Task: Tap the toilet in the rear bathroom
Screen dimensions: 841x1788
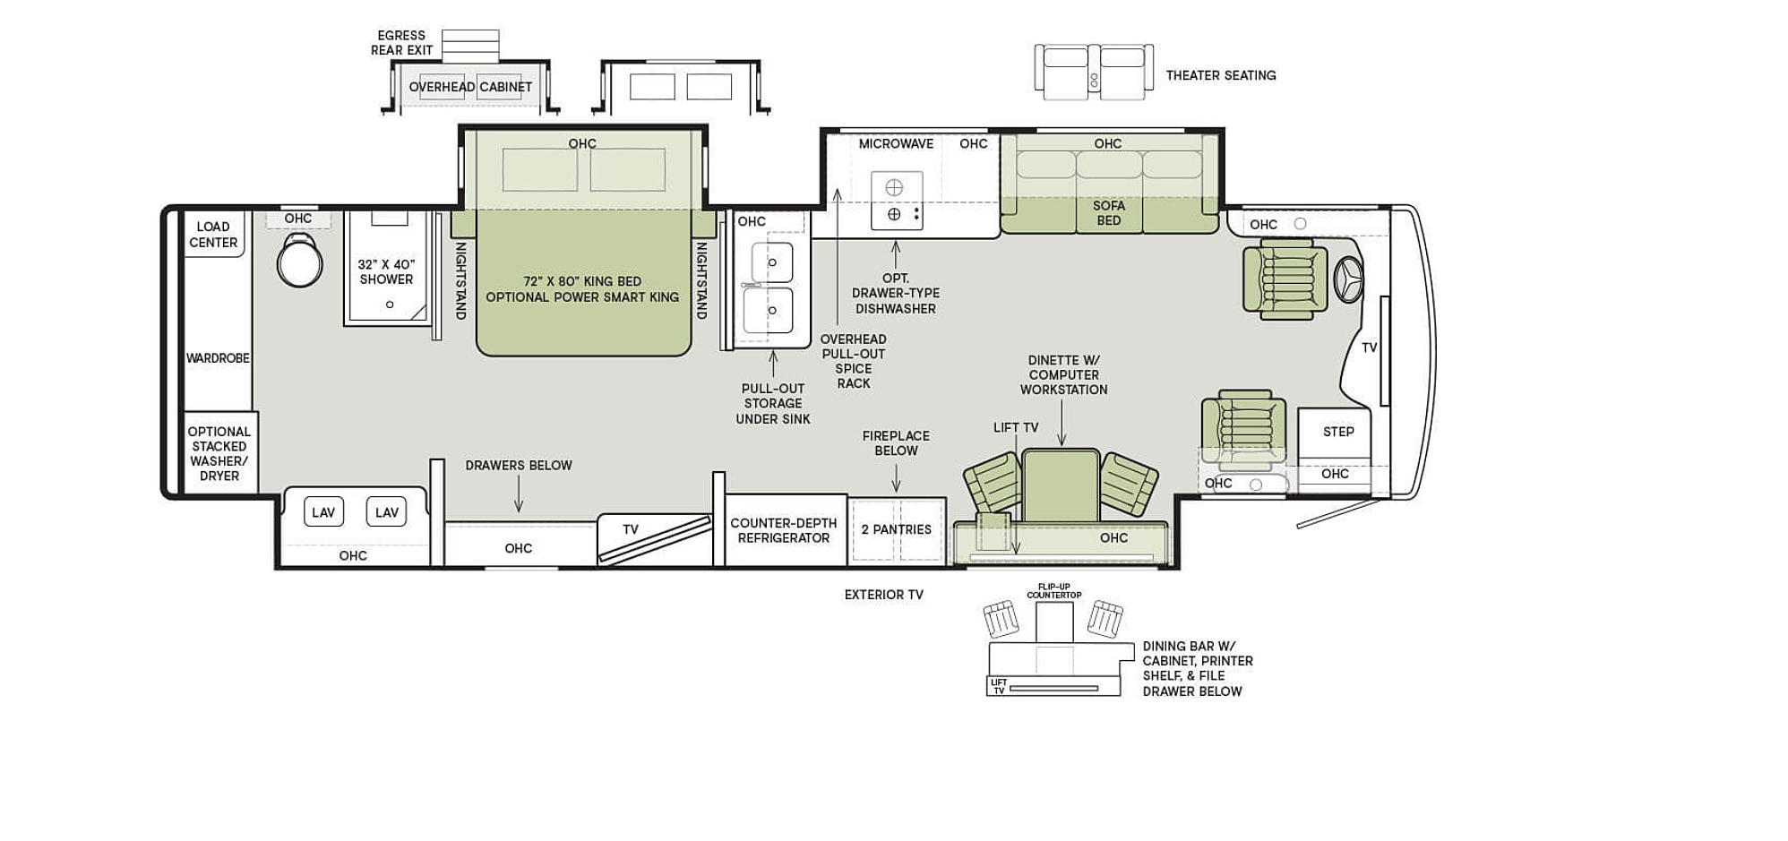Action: [x=299, y=261]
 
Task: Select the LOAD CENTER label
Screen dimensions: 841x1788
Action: [x=213, y=235]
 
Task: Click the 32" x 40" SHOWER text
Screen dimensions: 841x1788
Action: [x=386, y=272]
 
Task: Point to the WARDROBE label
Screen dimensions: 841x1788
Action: [x=218, y=358]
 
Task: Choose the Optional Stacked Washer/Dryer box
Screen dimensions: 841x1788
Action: [x=219, y=453]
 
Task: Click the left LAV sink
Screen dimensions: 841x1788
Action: [x=323, y=512]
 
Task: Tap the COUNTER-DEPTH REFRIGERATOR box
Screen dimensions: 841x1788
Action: [x=784, y=530]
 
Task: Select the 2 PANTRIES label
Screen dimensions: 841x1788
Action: [x=896, y=529]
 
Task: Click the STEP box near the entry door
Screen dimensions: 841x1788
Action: [x=1337, y=432]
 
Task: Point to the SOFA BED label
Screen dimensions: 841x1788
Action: [x=1108, y=213]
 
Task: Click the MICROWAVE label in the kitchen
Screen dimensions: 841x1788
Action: [x=896, y=143]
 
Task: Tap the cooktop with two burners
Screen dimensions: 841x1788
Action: [x=896, y=201]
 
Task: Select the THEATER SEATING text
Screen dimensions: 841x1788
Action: [x=1220, y=75]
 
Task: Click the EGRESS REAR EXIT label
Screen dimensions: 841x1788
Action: [x=401, y=43]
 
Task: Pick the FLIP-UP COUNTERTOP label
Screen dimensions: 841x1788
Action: [x=1053, y=591]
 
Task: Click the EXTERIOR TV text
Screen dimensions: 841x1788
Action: [x=883, y=595]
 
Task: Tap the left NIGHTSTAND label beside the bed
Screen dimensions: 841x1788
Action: [x=460, y=280]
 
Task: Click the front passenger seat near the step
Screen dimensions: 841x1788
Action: [x=1243, y=430]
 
